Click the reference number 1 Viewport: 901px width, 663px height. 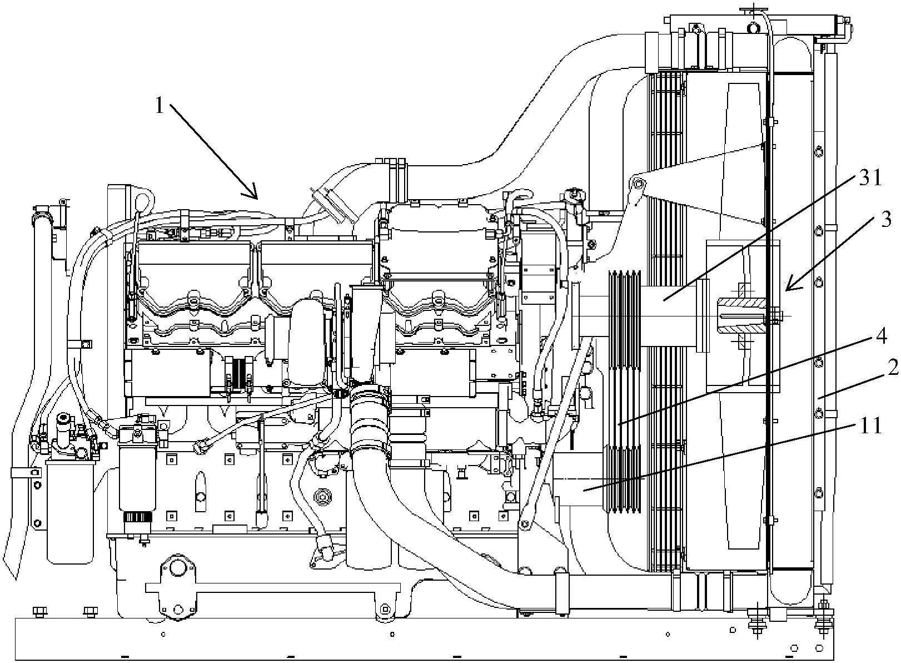pyautogui.click(x=160, y=106)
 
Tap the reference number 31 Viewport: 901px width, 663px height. pyautogui.click(x=870, y=177)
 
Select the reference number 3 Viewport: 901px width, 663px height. pyautogui.click(x=886, y=219)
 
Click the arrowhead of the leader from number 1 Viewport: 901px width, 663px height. pyautogui.click(x=251, y=192)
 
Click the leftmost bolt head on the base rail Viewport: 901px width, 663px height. pyautogui.click(x=39, y=611)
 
